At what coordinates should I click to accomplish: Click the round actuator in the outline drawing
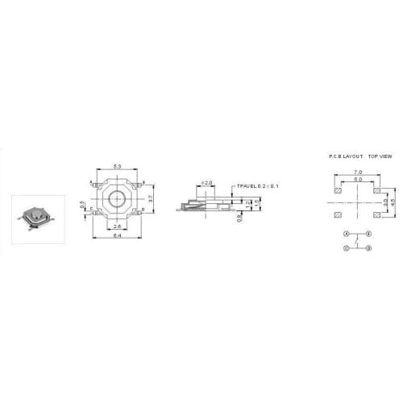(118, 198)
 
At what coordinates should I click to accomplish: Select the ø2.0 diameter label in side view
(206, 183)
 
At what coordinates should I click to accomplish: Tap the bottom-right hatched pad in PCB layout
(377, 216)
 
